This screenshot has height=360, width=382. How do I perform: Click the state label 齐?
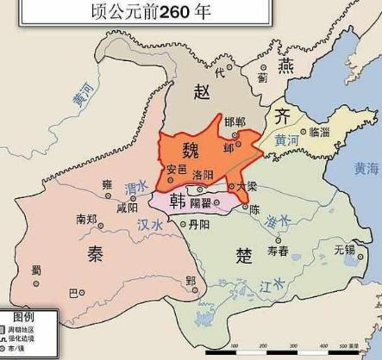[x=281, y=116]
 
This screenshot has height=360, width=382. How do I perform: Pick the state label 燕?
[x=285, y=66]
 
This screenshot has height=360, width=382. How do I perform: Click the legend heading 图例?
[x=21, y=317]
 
